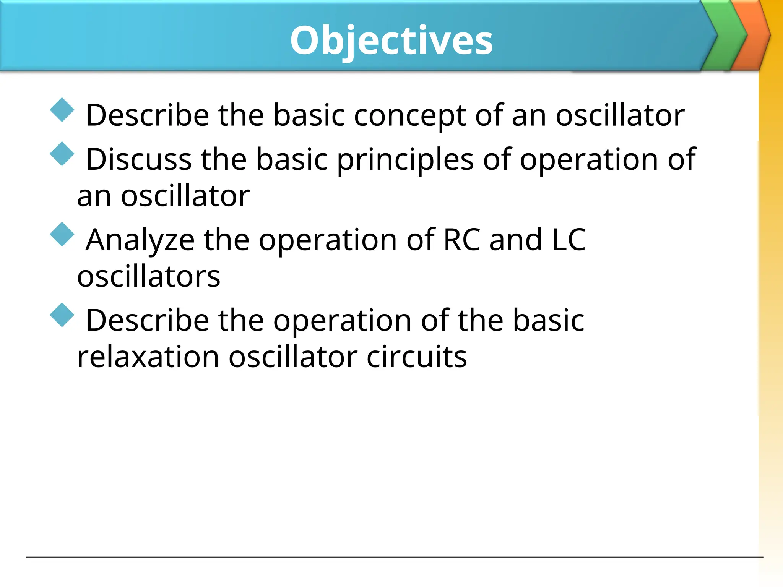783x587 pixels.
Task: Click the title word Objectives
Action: click(x=391, y=40)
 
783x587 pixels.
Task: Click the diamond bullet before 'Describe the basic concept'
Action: click(x=62, y=110)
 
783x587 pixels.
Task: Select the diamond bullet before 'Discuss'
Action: click(x=62, y=154)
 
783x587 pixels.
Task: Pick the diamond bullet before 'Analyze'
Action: click(x=62, y=235)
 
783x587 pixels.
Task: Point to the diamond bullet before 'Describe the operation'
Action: click(x=62, y=315)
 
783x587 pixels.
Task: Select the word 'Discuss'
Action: click(x=139, y=159)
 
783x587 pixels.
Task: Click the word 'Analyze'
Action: click(x=140, y=241)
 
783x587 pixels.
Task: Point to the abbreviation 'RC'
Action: click(x=461, y=240)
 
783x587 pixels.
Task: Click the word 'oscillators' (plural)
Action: click(x=149, y=277)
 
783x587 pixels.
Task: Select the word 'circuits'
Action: click(x=417, y=357)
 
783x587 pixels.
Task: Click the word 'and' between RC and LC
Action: click(x=516, y=240)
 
